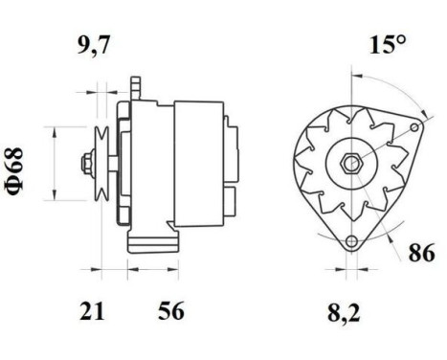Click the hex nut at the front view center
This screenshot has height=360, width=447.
coord(351,160)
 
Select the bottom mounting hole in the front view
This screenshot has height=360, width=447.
coord(351,239)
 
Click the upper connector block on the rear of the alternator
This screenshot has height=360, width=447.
coord(229,133)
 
